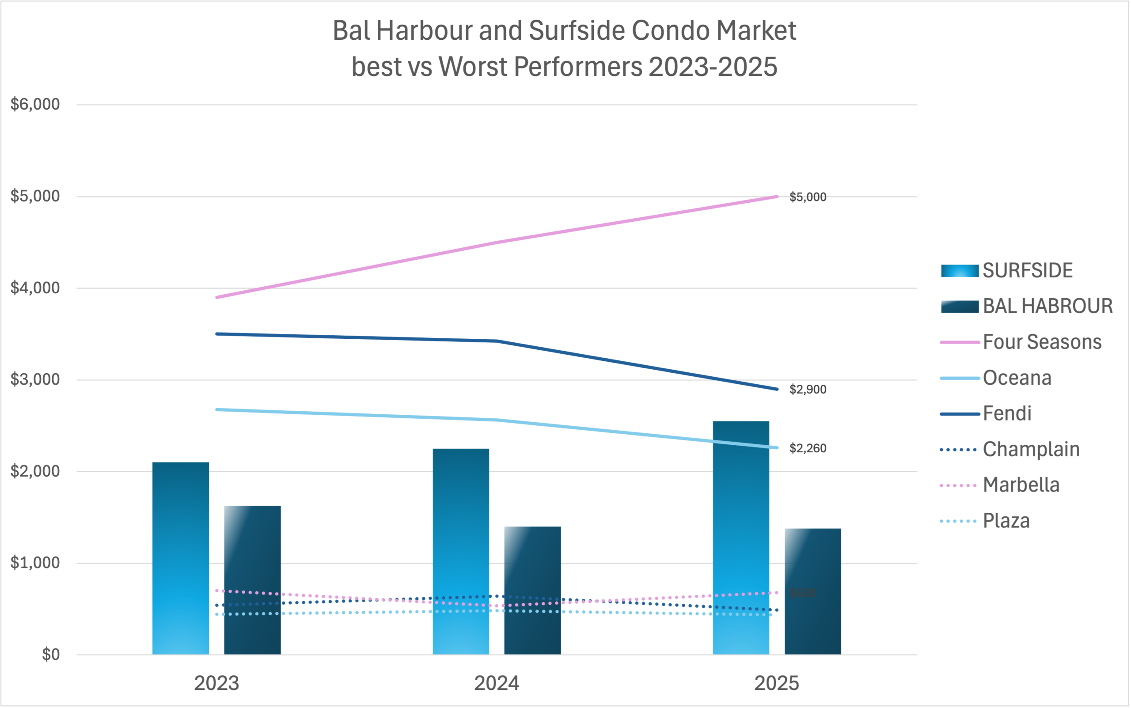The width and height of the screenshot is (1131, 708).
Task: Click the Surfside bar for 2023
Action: (x=180, y=557)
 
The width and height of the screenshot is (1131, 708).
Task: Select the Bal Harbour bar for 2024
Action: (x=532, y=590)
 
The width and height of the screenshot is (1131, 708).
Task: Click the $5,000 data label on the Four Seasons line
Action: (x=808, y=197)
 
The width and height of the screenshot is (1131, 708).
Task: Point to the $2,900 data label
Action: (x=808, y=390)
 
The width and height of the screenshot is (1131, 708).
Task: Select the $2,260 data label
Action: (x=808, y=449)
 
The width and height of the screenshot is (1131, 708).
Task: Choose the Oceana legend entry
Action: (x=1017, y=379)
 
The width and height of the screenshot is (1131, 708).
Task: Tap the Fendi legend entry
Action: (x=1007, y=414)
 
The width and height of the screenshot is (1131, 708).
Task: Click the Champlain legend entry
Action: (x=1031, y=450)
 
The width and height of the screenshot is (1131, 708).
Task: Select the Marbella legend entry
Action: (x=1021, y=485)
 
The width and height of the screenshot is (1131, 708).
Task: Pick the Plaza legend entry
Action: (x=1006, y=521)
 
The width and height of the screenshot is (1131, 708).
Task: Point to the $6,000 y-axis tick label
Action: (x=35, y=104)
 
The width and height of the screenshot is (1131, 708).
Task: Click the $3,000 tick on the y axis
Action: (x=35, y=379)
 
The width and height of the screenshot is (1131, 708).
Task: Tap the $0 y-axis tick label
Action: (x=50, y=655)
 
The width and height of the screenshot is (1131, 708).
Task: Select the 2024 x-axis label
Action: (x=497, y=684)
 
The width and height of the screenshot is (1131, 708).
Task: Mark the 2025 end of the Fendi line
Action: (x=777, y=389)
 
